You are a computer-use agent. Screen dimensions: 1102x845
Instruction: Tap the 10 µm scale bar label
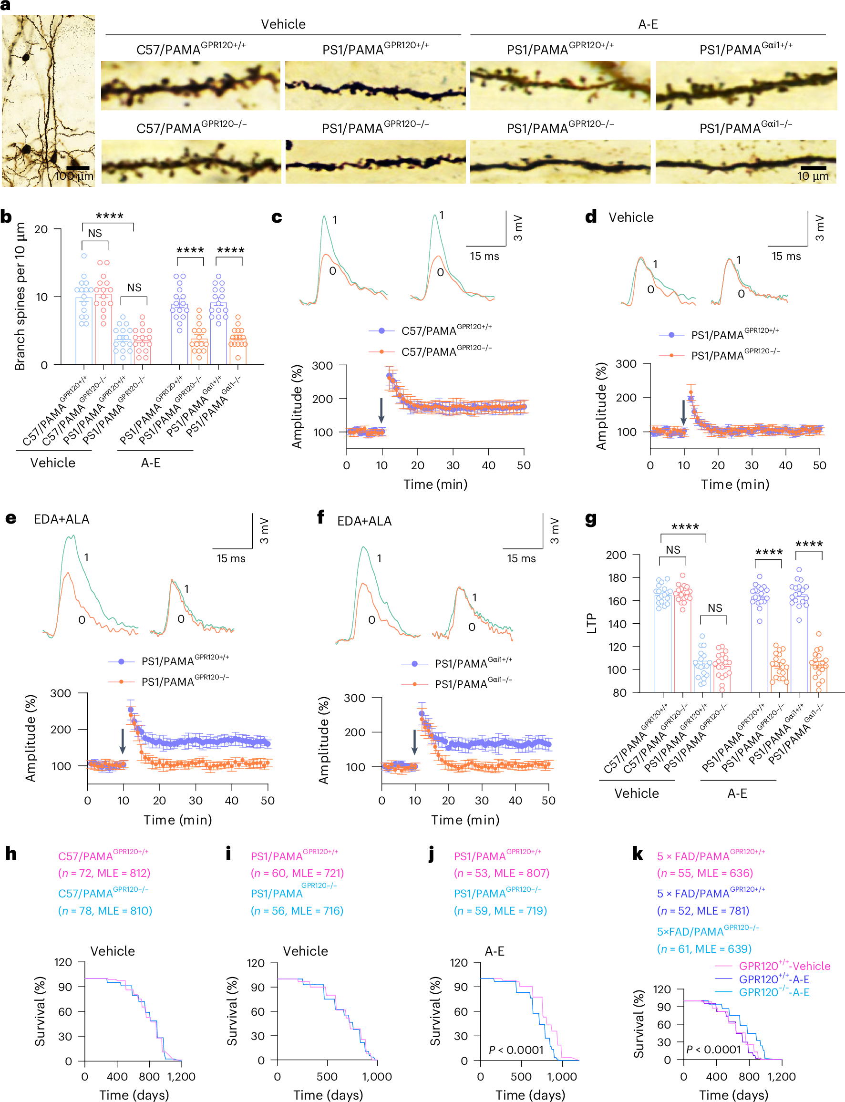click(x=812, y=176)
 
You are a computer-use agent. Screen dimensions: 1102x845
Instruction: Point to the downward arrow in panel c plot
click(x=381, y=410)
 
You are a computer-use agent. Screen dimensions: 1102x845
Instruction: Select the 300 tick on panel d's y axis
click(x=626, y=364)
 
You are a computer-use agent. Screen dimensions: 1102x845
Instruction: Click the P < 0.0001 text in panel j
click(x=516, y=1050)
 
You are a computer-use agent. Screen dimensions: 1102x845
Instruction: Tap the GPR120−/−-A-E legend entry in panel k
click(x=773, y=992)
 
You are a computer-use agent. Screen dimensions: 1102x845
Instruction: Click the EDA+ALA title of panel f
click(x=364, y=521)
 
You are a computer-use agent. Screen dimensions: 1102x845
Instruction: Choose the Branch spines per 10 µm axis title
click(x=20, y=297)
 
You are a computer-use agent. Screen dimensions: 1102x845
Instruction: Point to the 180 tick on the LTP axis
click(x=616, y=578)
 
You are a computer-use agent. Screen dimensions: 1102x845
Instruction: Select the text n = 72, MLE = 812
click(x=104, y=873)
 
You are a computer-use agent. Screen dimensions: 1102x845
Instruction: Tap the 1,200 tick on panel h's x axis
click(x=181, y=1076)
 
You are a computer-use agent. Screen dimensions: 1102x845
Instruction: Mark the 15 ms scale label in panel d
click(x=786, y=256)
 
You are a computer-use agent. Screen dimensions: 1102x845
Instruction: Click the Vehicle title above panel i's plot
click(x=305, y=951)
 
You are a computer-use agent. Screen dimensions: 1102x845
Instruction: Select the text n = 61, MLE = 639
click(x=704, y=948)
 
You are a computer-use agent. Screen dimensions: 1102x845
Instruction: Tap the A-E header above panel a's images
click(x=648, y=24)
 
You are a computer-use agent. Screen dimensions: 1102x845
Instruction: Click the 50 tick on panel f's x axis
click(x=548, y=800)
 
